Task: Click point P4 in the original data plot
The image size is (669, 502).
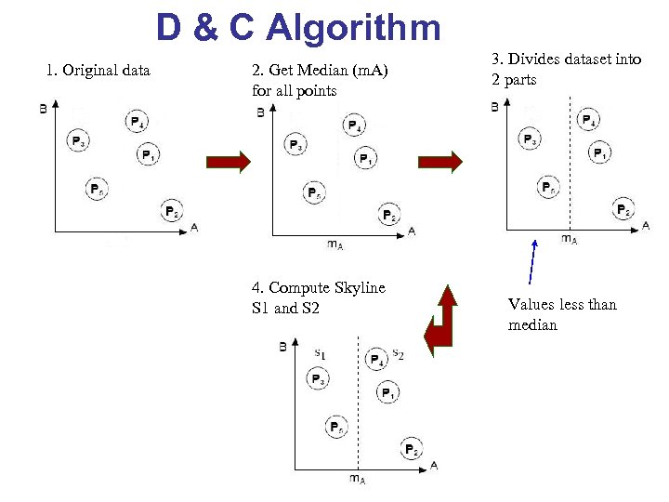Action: [x=136, y=122]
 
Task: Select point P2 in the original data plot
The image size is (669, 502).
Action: [x=172, y=212]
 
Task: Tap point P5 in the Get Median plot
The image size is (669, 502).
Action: [x=315, y=193]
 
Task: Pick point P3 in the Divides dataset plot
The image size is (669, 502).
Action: [x=530, y=140]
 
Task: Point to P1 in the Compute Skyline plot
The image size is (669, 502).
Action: [x=388, y=393]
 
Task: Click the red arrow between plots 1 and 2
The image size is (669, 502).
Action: [x=229, y=163]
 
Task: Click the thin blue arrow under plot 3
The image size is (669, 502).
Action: [x=532, y=261]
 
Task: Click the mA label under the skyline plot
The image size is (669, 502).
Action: [x=357, y=479]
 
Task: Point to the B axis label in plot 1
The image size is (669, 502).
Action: [x=44, y=109]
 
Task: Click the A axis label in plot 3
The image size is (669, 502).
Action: [x=645, y=225]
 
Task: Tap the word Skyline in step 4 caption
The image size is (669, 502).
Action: [x=361, y=287]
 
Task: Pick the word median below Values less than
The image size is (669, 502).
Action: [x=532, y=325]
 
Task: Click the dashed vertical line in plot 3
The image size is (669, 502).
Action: [x=569, y=167]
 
